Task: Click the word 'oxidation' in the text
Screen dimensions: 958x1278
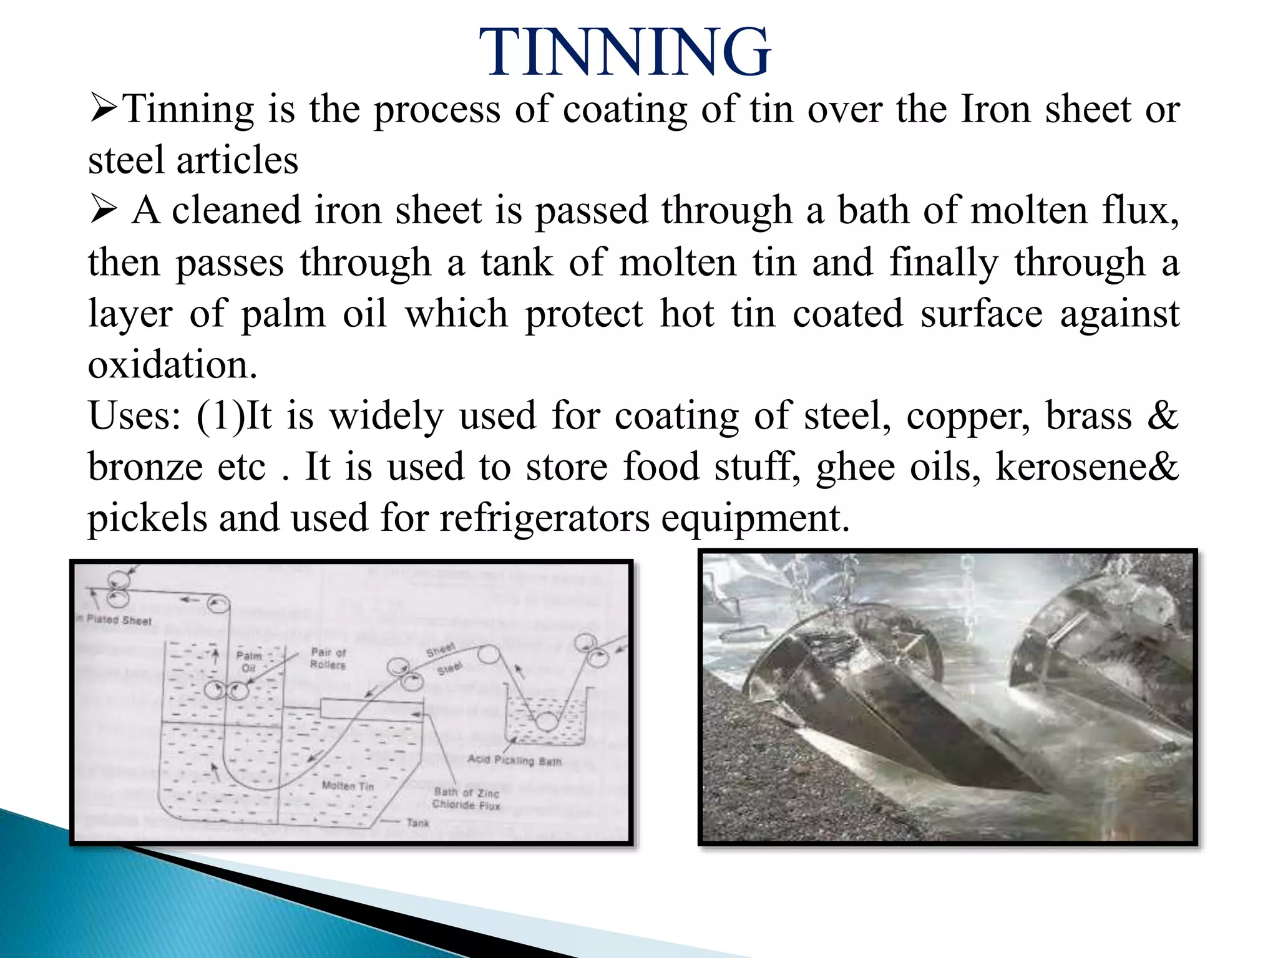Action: (172, 365)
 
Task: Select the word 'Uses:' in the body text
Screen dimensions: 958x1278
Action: (134, 416)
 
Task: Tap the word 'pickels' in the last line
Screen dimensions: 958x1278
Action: (147, 518)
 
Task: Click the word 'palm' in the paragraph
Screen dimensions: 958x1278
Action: (283, 314)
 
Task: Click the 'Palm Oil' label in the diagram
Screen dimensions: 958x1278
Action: (248, 662)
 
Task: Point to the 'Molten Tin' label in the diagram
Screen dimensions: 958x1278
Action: (348, 786)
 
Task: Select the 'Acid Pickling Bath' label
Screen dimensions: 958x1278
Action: (515, 760)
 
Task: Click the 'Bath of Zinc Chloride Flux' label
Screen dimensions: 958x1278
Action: (467, 798)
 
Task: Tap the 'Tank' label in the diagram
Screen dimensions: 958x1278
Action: (417, 823)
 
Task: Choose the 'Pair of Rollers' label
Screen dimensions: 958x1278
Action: (328, 659)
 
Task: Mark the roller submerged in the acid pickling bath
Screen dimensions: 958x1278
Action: (547, 722)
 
